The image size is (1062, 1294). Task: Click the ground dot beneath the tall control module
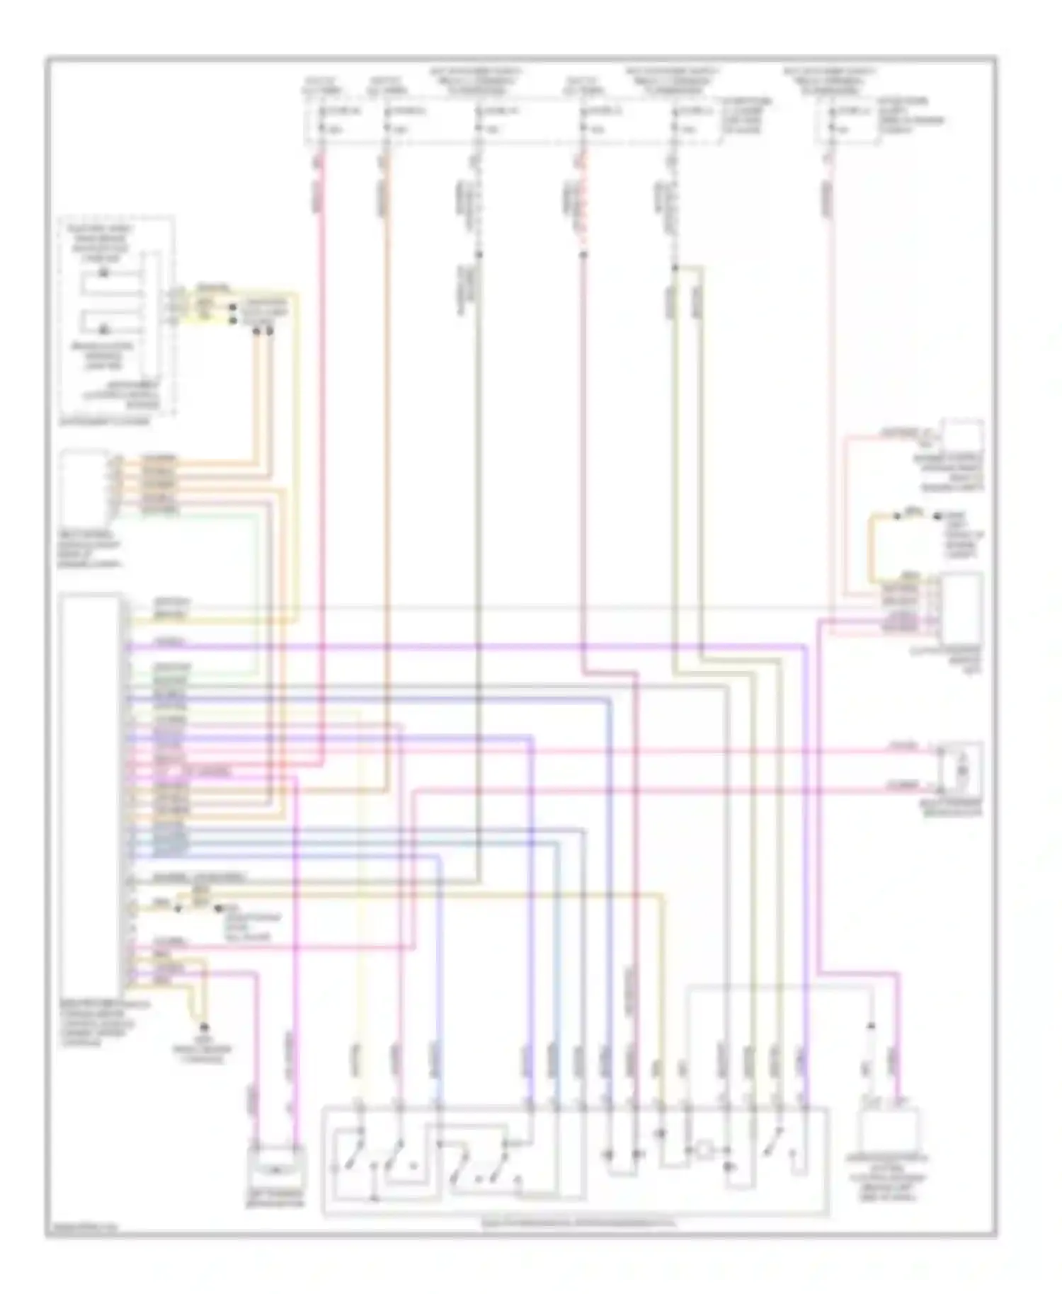tap(205, 1026)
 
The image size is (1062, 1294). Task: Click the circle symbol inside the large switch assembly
tap(704, 1150)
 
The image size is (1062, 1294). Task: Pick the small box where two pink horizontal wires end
tap(960, 769)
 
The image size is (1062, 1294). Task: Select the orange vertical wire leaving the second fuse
tap(387, 425)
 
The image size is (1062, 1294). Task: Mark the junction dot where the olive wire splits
tap(675, 267)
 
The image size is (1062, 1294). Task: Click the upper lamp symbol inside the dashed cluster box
tap(104, 273)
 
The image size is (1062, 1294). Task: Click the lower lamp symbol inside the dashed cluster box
tap(104, 330)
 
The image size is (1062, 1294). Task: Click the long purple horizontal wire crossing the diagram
tap(496, 646)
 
